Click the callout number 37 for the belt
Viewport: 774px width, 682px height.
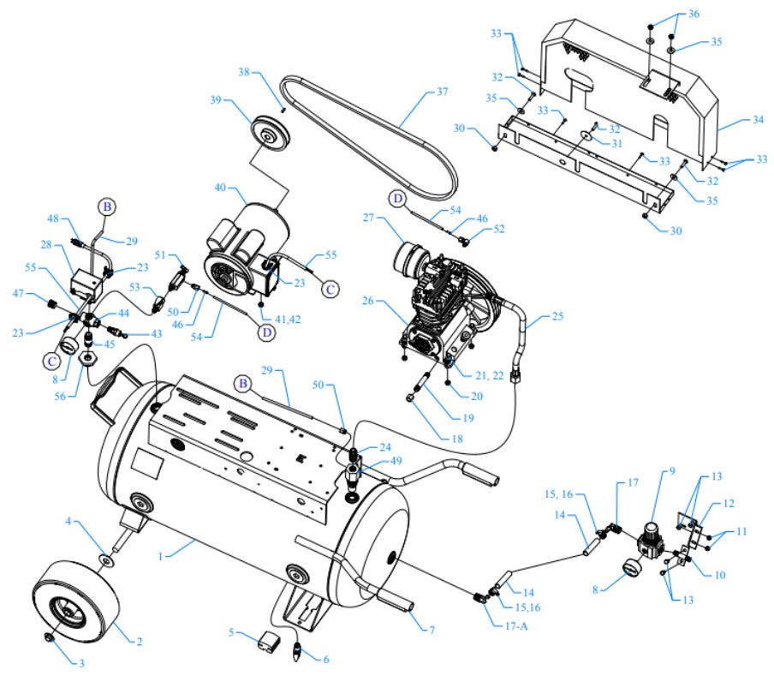point(443,91)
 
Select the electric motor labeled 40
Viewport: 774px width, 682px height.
point(242,242)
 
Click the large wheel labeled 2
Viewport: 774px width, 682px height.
point(74,603)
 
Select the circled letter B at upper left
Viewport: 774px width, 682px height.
point(106,206)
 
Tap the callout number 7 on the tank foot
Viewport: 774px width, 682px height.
point(432,630)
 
